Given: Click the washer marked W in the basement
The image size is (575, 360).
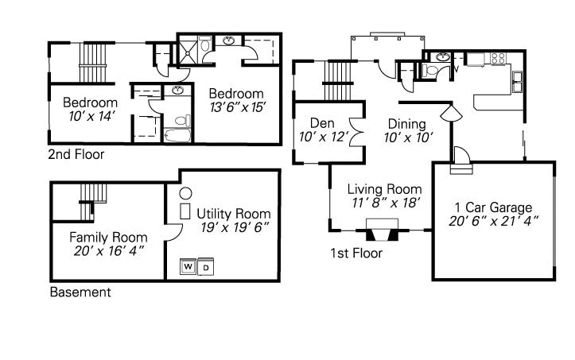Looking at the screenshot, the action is [x=188, y=266].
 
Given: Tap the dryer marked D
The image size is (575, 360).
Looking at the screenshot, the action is [x=206, y=266].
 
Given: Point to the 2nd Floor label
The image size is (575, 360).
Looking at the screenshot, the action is [x=76, y=154].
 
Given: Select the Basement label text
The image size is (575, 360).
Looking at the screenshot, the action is [x=80, y=292].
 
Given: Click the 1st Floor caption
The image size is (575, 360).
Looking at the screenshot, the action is [x=356, y=254].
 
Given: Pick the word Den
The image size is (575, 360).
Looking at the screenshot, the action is [x=322, y=123].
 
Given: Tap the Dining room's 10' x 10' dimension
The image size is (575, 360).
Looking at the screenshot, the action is [x=408, y=137].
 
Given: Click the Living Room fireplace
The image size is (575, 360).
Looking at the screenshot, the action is [x=382, y=230].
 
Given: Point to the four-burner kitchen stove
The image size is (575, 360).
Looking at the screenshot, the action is [x=498, y=59].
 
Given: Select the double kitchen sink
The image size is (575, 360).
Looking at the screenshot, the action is [x=518, y=82].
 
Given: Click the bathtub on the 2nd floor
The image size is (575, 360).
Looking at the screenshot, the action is [x=177, y=135].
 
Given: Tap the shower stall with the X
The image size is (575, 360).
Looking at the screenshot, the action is [x=188, y=50].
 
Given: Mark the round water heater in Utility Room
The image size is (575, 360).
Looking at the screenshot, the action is [x=185, y=193].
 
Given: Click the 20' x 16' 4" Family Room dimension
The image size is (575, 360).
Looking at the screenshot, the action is [x=108, y=251].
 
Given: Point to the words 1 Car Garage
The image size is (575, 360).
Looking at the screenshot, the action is [x=493, y=207].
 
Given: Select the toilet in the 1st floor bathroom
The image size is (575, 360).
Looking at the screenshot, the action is [x=430, y=70].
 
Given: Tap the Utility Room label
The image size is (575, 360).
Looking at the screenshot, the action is [x=234, y=214].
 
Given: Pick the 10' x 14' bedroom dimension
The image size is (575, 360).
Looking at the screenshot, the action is [x=92, y=117].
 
